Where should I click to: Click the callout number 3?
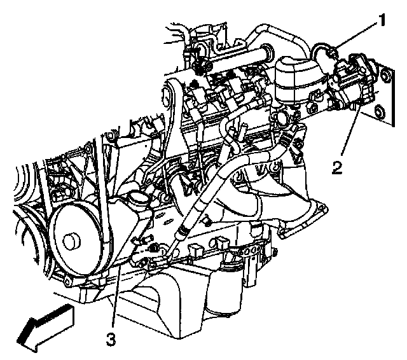coord(111,339)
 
